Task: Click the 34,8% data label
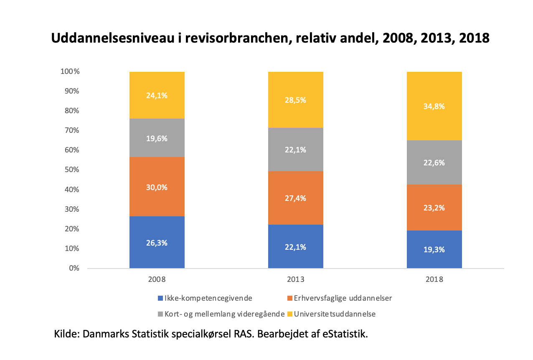coord(434,106)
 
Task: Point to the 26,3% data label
coord(157,243)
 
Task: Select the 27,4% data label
coord(295,198)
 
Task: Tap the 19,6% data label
coord(157,138)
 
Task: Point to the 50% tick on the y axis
coord(71,170)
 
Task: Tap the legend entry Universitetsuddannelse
coord(335,314)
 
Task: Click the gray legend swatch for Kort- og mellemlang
coord(160,314)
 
